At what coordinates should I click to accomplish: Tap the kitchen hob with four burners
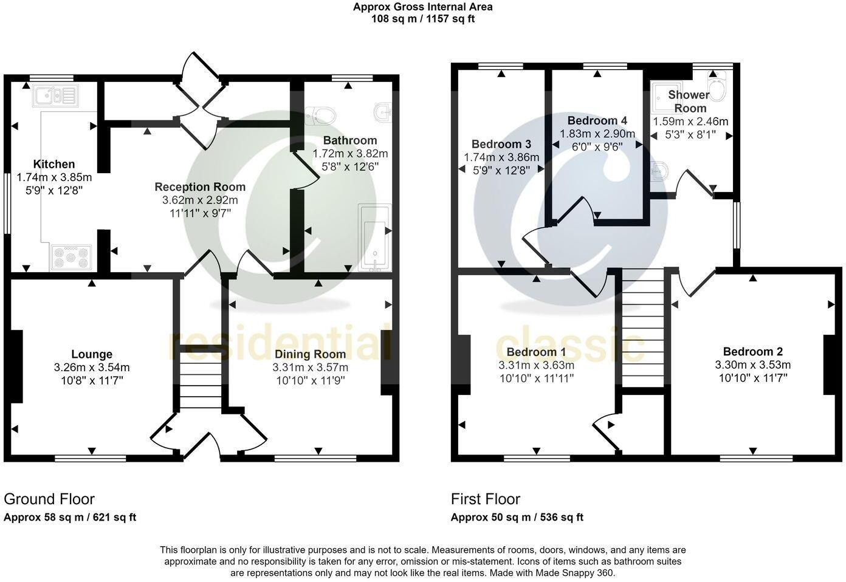click(71, 256)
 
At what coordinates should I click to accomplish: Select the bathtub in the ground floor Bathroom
click(374, 239)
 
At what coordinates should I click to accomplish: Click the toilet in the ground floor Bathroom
click(322, 114)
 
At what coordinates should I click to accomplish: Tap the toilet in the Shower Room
click(717, 89)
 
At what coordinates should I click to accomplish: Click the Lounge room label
click(92, 354)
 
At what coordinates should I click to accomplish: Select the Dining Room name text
click(310, 354)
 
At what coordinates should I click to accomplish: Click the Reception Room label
click(200, 187)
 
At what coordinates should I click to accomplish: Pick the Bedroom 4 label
click(597, 120)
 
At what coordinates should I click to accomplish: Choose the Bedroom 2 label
click(752, 352)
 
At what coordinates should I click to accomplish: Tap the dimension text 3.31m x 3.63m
click(536, 365)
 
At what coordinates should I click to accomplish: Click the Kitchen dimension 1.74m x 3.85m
click(54, 177)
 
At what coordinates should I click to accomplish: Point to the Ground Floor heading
click(49, 499)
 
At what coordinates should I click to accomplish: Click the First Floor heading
click(485, 499)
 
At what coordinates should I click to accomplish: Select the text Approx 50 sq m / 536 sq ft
click(517, 518)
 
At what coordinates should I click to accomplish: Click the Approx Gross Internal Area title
click(423, 7)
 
